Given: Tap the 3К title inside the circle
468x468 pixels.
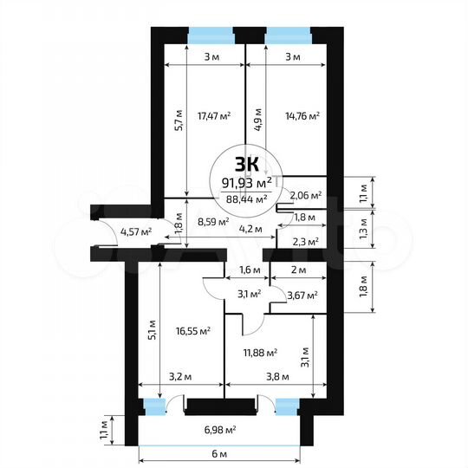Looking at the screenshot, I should click(247, 163).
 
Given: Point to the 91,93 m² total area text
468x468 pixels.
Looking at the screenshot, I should click(247, 182).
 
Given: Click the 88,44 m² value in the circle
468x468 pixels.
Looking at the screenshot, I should click(247, 198).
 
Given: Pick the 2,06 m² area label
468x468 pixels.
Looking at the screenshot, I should click(306, 196).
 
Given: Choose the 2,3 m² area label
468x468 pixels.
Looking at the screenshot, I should click(307, 242).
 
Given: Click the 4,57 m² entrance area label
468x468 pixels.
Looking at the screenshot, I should click(136, 231).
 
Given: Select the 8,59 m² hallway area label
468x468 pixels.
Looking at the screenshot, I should click(212, 222).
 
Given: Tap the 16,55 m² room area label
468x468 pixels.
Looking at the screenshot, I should click(193, 330).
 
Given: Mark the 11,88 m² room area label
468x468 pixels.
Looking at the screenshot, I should click(259, 352).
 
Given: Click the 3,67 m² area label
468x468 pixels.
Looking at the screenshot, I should click(302, 296).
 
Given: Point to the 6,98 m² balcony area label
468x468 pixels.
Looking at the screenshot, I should click(219, 429).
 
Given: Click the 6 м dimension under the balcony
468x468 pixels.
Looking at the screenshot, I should click(219, 454).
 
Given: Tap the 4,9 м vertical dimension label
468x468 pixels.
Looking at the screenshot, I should click(257, 117).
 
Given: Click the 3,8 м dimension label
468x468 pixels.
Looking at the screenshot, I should click(276, 377).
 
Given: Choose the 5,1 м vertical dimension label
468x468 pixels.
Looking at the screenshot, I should click(153, 330).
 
